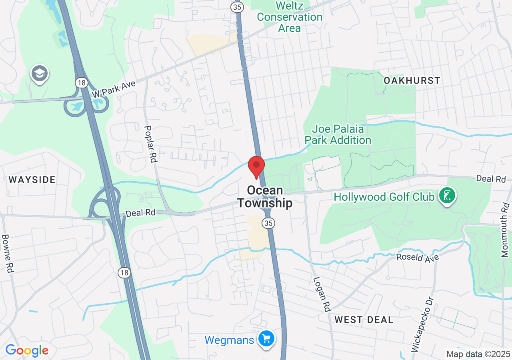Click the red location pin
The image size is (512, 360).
(x=256, y=166)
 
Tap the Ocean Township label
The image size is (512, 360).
(x=265, y=197)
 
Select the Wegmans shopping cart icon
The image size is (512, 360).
(x=266, y=339)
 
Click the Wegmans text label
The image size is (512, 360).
(x=229, y=340)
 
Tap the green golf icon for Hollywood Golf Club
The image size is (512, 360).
(x=447, y=196)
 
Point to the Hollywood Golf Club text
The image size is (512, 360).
(x=384, y=197)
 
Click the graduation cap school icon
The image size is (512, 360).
(x=39, y=74)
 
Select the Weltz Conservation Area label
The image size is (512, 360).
(x=290, y=17)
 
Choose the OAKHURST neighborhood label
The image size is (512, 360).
(x=412, y=80)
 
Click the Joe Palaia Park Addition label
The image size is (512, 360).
(x=338, y=135)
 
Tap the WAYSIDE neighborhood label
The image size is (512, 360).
(x=32, y=180)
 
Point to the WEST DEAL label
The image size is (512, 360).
(x=364, y=320)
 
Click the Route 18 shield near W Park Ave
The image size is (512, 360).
(x=81, y=83)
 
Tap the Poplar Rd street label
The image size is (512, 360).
(x=151, y=143)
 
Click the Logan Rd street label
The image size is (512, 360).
(x=323, y=294)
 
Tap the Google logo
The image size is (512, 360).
(x=27, y=351)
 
